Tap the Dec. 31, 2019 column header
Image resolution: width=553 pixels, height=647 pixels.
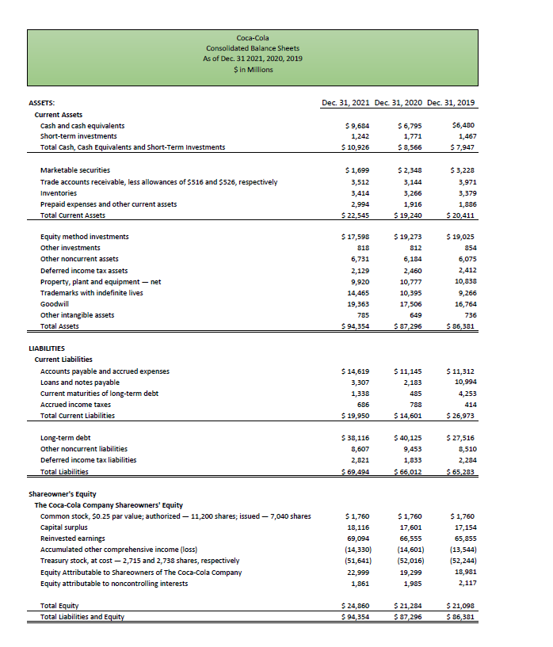(x=452, y=102)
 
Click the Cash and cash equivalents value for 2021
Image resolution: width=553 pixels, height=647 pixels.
(x=357, y=126)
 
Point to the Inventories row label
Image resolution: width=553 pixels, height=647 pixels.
(x=60, y=192)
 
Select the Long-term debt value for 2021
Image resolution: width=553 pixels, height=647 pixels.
(x=355, y=438)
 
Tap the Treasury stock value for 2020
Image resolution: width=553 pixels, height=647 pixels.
(x=408, y=561)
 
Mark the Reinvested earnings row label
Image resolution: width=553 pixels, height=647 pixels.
(x=72, y=539)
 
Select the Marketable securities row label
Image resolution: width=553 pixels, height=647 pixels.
(x=75, y=170)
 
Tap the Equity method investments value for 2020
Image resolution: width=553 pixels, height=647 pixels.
(x=408, y=237)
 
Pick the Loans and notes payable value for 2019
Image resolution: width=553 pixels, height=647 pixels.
(x=462, y=382)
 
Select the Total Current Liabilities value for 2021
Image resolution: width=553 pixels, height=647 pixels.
(x=355, y=416)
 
